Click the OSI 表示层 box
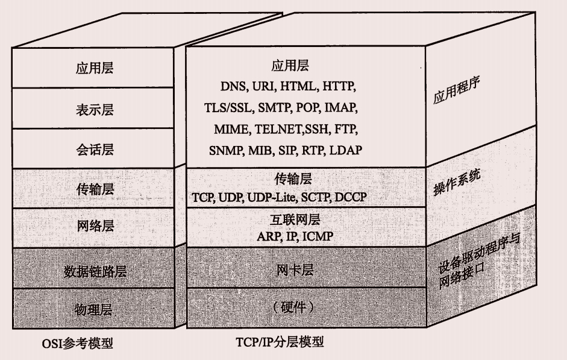95,110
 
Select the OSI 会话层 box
95,149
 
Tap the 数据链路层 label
95,271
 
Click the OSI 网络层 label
95,227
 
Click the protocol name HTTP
339,87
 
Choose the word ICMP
317,236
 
